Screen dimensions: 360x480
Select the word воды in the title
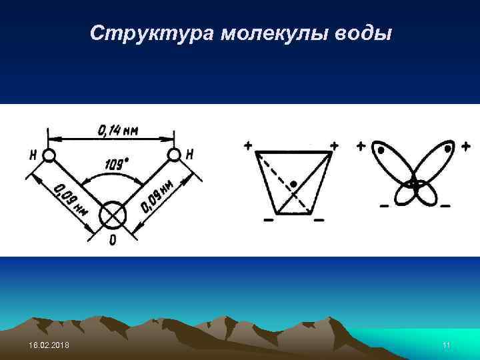365,33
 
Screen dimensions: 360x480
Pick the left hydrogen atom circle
49,155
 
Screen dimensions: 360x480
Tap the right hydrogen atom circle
174,155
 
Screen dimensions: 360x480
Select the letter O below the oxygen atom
111,240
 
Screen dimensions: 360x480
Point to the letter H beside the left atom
33,155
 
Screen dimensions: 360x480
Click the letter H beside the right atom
190,155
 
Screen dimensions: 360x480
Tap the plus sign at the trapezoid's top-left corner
248,145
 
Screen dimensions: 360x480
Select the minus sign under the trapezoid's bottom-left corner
269,219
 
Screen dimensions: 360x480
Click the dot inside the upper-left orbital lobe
381,151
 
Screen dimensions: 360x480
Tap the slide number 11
447,344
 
